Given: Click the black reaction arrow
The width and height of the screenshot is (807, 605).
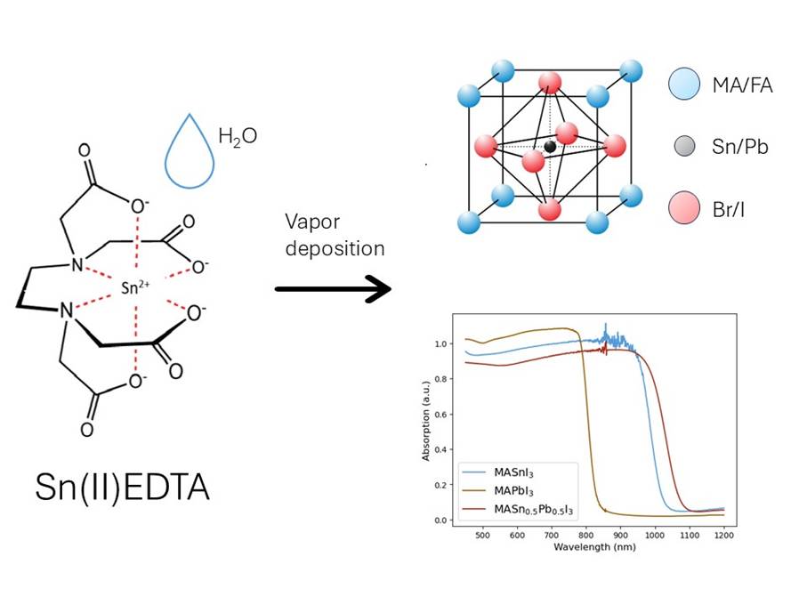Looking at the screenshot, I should coord(334,289).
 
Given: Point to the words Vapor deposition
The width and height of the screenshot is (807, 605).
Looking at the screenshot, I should coord(335,234).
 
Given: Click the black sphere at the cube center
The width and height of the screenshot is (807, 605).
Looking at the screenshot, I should coord(550,147).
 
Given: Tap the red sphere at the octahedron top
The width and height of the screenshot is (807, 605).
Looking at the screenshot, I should coord(550,83).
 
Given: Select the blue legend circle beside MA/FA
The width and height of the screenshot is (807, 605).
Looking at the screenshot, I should coord(685,85).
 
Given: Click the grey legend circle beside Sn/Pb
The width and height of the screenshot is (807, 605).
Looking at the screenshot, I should coord(685,147).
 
